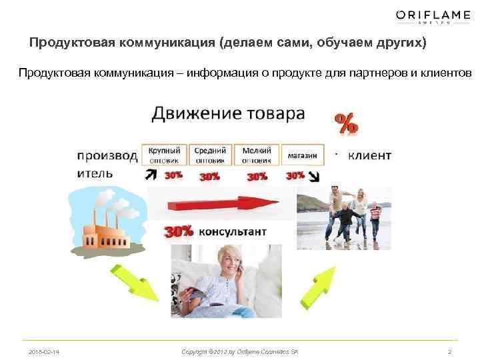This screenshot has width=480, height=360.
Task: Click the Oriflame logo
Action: click(x=433, y=16)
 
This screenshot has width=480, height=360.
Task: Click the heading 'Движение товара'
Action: click(x=228, y=113)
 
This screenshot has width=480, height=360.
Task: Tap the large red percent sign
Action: click(x=345, y=124)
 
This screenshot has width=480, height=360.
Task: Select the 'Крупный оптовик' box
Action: click(x=163, y=155)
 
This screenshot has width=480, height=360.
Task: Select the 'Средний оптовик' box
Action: click(x=210, y=155)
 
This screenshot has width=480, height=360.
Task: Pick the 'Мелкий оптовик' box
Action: click(x=256, y=155)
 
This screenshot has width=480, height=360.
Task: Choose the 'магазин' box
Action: click(x=303, y=155)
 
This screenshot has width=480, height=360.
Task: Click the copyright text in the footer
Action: click(x=239, y=351)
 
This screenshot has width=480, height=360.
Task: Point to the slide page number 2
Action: click(x=449, y=351)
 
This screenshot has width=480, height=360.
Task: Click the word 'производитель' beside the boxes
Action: click(x=107, y=163)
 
